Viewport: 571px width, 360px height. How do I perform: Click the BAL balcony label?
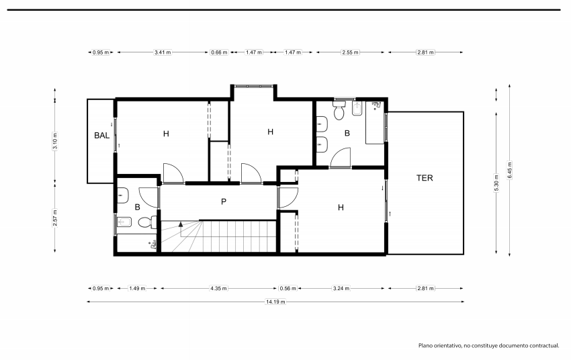[x=101, y=136]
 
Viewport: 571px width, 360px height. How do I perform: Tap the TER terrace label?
[x=425, y=178]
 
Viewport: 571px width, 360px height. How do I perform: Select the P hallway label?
[x=224, y=201]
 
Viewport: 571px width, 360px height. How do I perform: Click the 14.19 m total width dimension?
[x=275, y=302]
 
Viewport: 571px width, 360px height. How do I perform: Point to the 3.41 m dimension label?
[x=163, y=52]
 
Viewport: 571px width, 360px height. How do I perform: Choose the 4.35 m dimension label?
[x=218, y=288]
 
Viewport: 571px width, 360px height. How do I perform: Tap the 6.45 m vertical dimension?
[x=509, y=170]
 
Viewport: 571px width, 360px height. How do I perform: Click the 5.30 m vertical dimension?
[x=496, y=183]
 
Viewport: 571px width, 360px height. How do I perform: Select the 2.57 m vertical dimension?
[x=55, y=218]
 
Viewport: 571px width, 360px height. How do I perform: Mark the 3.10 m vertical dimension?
[x=55, y=141]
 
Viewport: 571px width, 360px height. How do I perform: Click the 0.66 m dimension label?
[x=219, y=52]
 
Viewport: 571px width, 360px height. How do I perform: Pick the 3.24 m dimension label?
[x=341, y=288]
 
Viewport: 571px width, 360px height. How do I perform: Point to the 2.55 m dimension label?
[x=350, y=52]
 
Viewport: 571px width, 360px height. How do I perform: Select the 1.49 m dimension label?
[x=137, y=288]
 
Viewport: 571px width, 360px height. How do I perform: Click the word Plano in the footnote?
[x=425, y=345]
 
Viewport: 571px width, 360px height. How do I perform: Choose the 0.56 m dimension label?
[x=288, y=288]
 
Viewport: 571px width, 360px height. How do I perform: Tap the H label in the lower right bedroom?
[x=341, y=208]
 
